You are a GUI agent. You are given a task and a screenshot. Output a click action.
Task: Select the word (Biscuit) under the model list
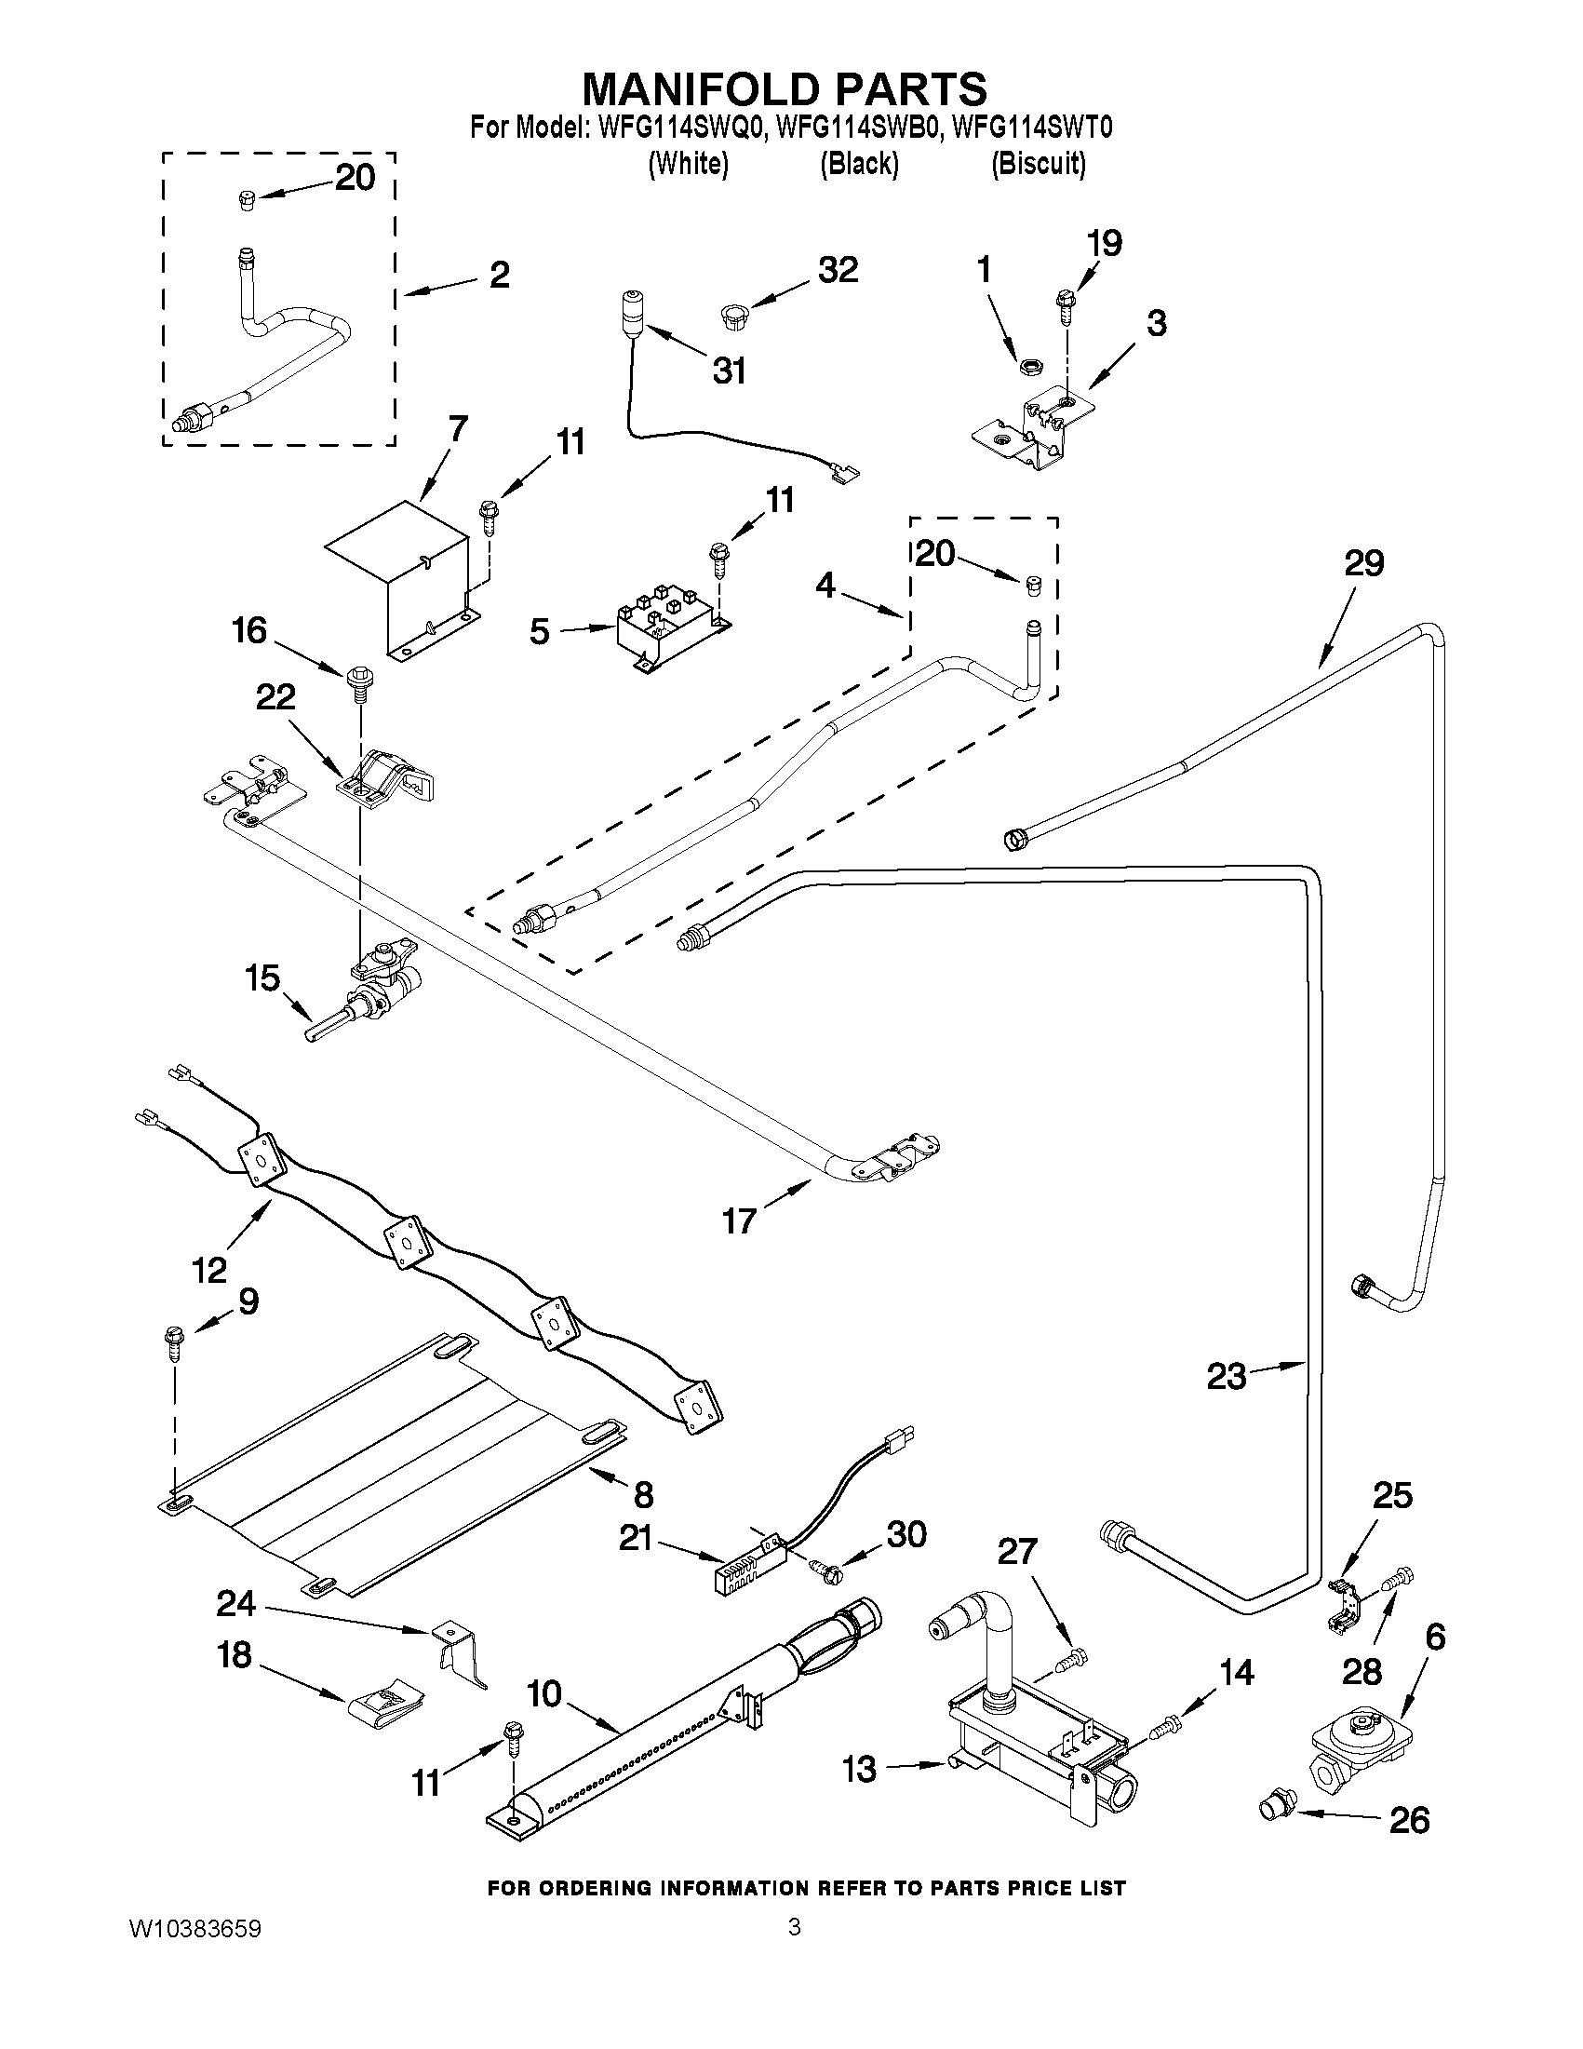point(1039,164)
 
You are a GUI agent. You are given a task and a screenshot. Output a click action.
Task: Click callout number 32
point(838,270)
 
